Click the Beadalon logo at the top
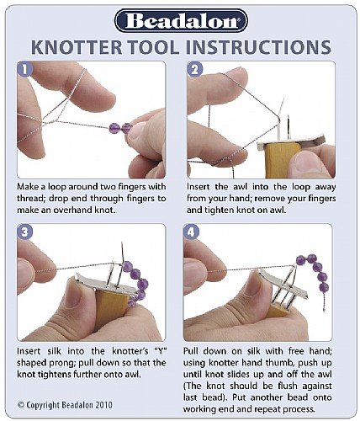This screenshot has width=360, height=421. point(181,21)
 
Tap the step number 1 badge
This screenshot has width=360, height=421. point(25,69)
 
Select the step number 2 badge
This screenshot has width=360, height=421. point(194,69)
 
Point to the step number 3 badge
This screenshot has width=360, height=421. point(25,232)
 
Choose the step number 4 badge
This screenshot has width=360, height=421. point(191,232)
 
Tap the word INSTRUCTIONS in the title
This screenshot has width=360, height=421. point(258,47)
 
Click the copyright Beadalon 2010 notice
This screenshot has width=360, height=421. point(65,405)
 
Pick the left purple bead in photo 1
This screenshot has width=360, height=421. point(114,128)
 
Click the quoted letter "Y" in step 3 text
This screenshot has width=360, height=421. point(161,351)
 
